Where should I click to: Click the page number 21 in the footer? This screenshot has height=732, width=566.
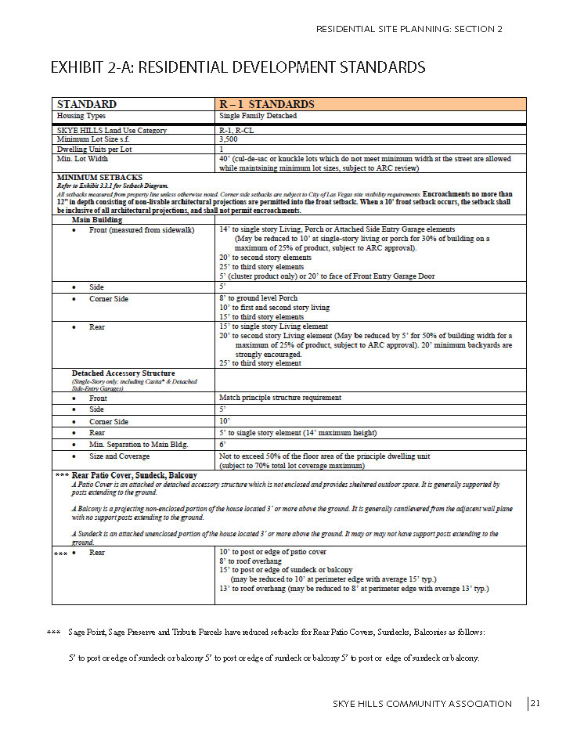tap(535, 703)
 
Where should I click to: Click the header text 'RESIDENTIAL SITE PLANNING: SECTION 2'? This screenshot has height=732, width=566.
tap(409, 29)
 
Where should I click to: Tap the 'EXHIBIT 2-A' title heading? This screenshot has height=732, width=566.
tap(237, 67)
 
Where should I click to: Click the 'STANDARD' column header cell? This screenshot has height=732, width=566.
tap(87, 104)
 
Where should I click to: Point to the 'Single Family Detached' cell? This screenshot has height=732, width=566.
tap(258, 116)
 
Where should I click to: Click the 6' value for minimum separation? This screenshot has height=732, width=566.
tap(222, 444)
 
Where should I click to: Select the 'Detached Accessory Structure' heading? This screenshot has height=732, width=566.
tap(124, 373)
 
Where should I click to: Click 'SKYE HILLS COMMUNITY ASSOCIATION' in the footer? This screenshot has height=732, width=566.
tap(422, 704)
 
